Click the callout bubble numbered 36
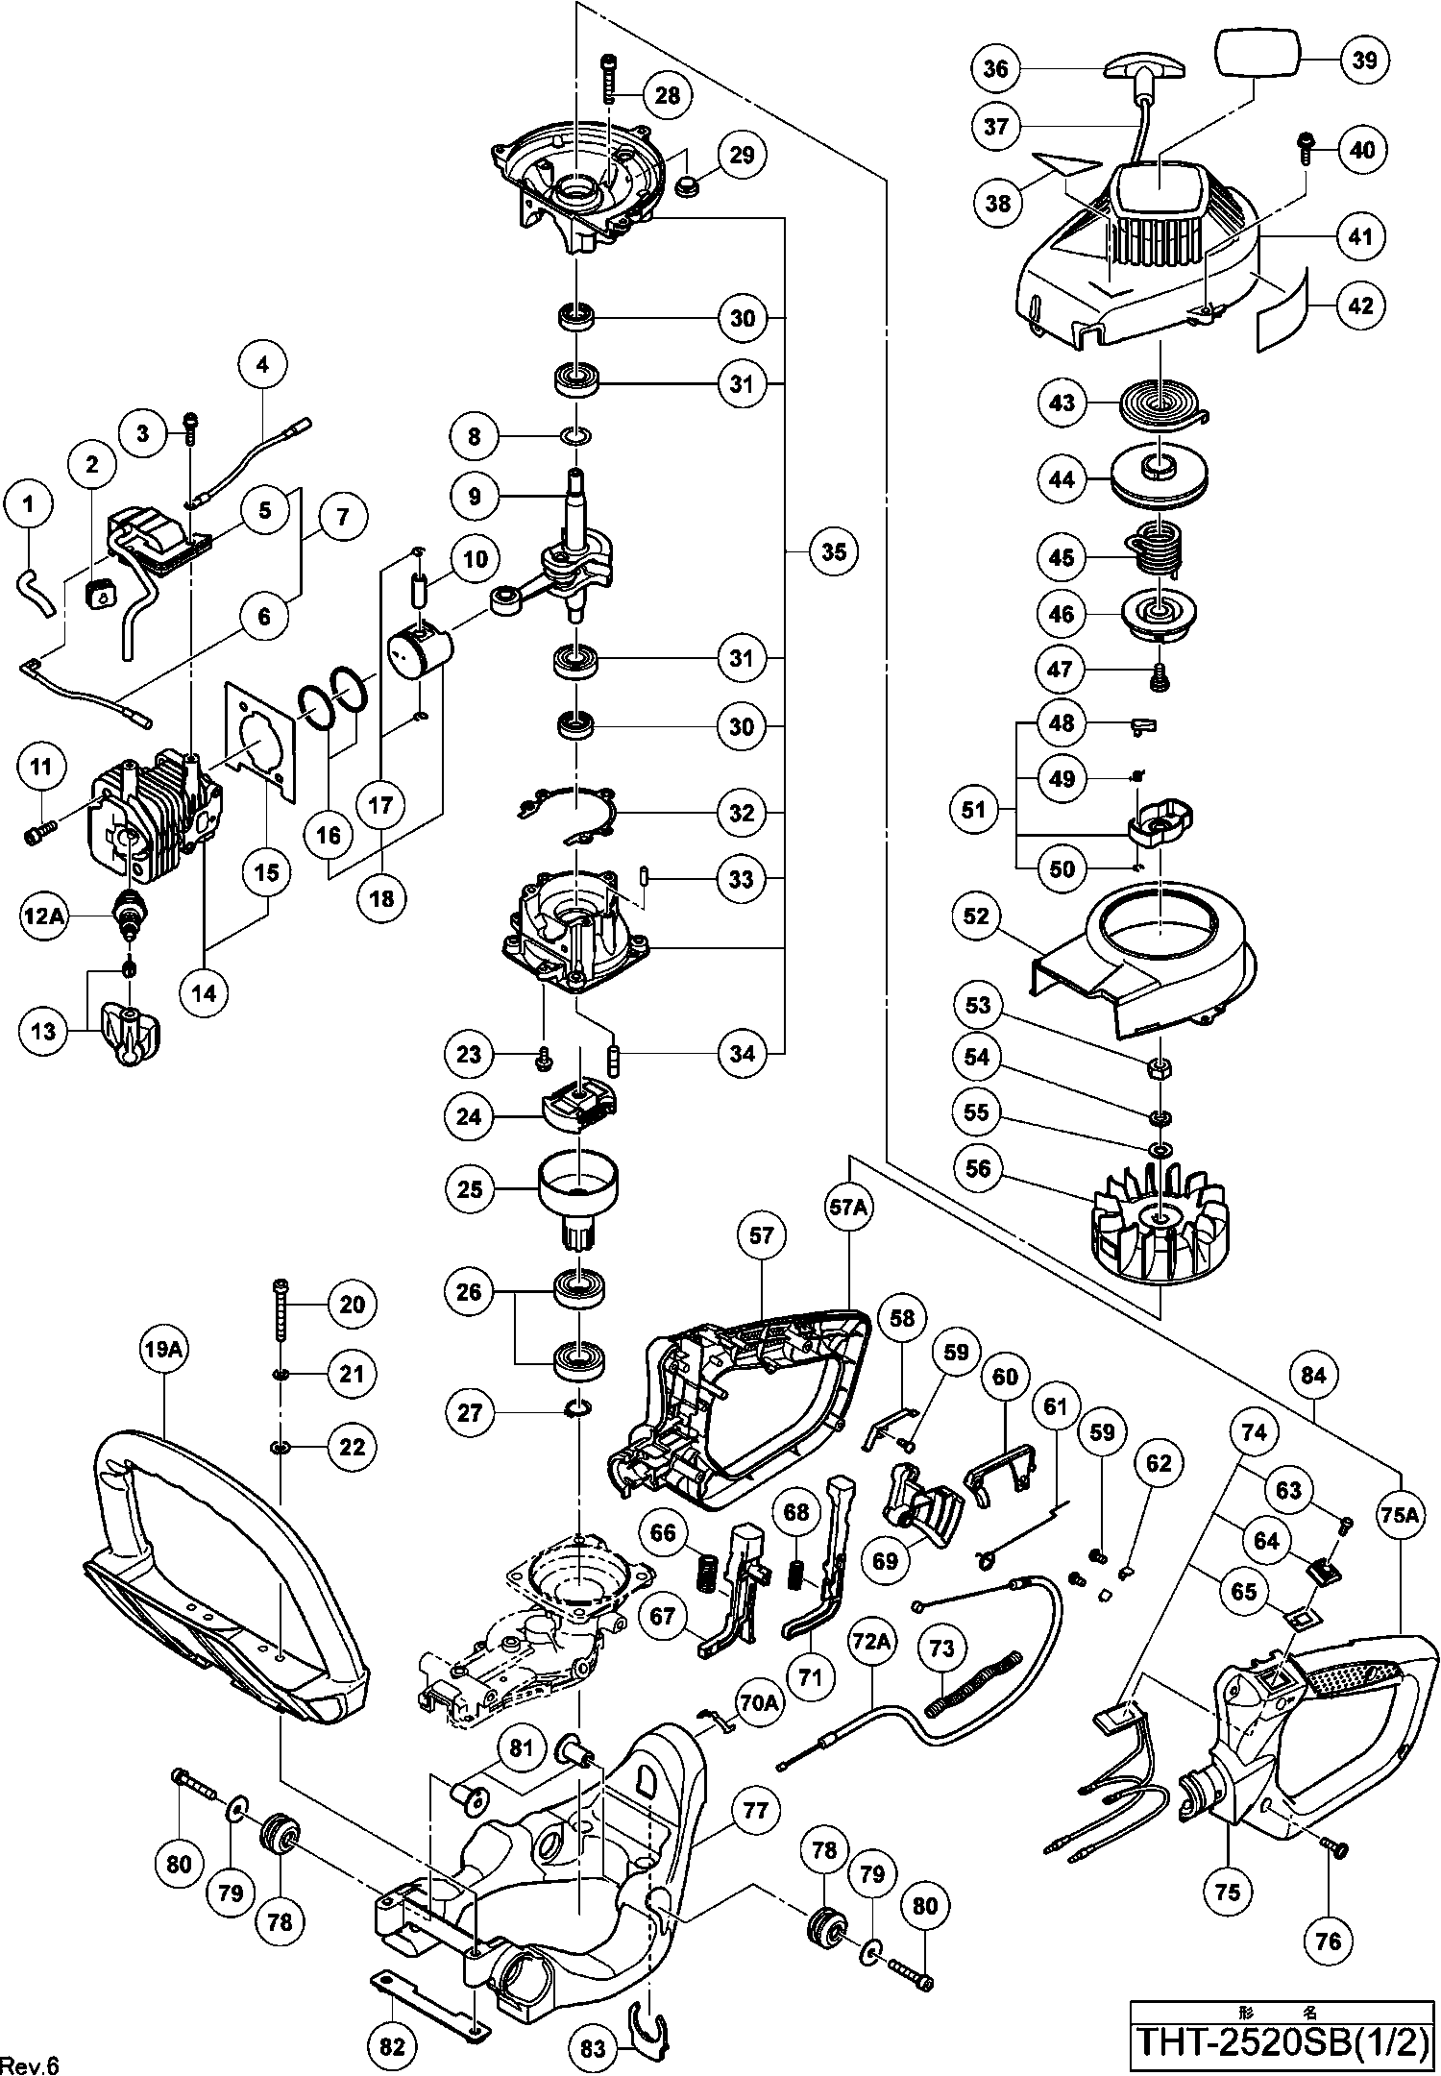[996, 68]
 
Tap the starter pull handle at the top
[1145, 69]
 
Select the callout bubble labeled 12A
[44, 917]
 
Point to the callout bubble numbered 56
[978, 1169]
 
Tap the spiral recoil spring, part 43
[1163, 404]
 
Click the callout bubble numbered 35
[833, 551]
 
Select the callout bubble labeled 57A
[849, 1208]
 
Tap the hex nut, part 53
[1160, 1066]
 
